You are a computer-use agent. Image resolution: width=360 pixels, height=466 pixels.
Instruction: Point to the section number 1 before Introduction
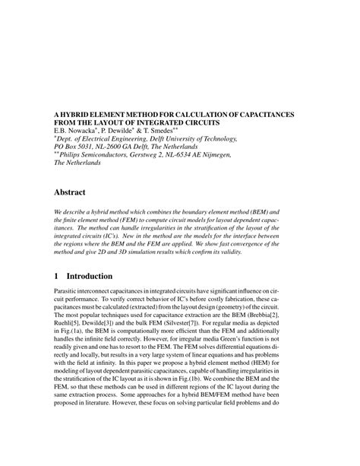tap(55, 275)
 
